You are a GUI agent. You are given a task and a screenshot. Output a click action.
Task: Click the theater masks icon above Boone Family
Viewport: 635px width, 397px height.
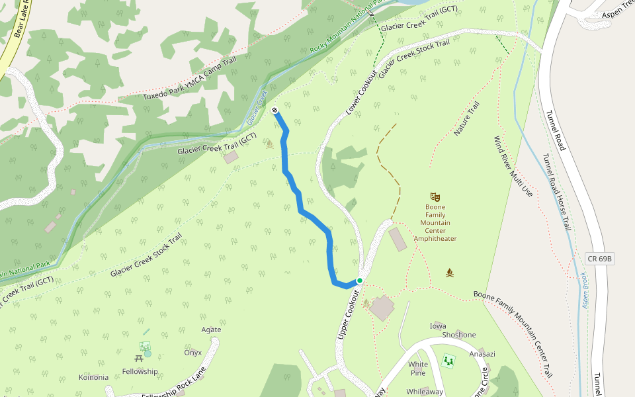coord(435,197)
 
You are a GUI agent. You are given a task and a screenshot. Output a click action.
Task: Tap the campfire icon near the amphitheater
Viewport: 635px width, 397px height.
coord(450,273)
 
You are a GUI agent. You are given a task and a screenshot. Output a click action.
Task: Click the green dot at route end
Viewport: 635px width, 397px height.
coord(360,281)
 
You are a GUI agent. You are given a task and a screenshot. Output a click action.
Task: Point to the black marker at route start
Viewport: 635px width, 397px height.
coord(275,110)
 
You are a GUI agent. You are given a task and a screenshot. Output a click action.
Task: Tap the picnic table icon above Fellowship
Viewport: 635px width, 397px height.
coord(139,358)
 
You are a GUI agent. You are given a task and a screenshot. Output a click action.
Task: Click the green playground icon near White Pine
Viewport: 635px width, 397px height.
coord(448,361)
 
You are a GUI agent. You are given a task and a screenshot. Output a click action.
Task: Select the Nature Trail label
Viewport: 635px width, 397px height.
coord(466,119)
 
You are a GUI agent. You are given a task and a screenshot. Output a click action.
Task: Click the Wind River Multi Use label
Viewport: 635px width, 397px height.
coord(513,167)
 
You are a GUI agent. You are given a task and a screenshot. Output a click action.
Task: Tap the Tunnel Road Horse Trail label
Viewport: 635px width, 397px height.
coord(556,192)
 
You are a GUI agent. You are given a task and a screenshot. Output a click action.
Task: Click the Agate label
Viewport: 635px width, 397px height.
coord(211,330)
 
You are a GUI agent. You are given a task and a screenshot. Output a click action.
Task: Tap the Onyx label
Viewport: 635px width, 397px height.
coord(192,353)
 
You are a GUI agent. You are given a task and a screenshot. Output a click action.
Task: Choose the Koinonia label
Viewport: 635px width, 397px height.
coord(93,377)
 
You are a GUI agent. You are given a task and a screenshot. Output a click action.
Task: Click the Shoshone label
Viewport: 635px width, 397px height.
coord(458,335)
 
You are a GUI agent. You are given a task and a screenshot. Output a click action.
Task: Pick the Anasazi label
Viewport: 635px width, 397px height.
coord(482,353)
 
